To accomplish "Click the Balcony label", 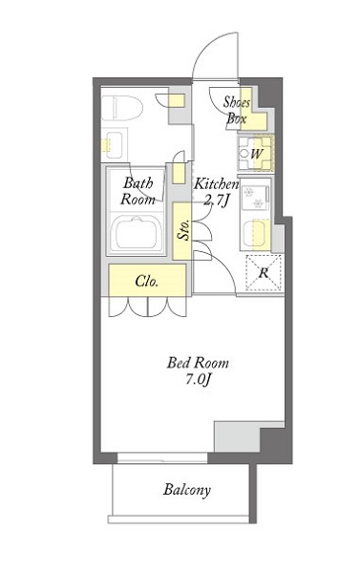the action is (187, 490).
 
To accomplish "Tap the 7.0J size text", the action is (198, 380).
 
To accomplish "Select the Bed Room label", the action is (198, 363).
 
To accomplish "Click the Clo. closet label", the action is (146, 281).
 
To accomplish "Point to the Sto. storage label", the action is (183, 230).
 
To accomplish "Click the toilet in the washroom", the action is (121, 108).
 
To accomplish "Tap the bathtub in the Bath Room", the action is (136, 233).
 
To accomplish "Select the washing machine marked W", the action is (256, 154).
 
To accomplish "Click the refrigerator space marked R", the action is (264, 272).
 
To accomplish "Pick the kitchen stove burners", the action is (255, 198).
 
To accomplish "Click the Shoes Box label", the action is (237, 111).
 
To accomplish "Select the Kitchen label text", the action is (216, 183).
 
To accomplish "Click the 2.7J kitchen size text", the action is (216, 200).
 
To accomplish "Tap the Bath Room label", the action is (138, 191).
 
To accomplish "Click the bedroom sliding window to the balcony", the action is (162, 457).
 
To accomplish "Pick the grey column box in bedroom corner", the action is (237, 436).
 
